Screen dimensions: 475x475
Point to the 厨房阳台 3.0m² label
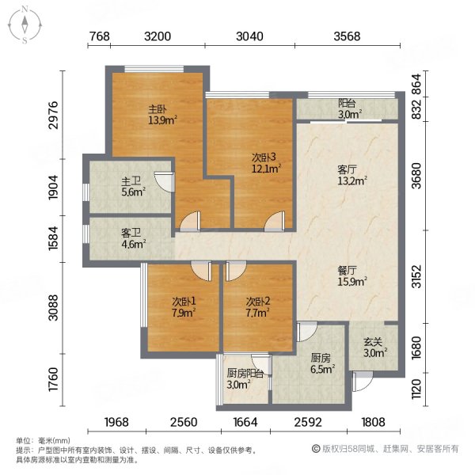click(x=245, y=378)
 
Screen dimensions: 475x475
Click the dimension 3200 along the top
click(x=158, y=36)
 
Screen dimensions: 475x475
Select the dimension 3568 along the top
click(x=346, y=36)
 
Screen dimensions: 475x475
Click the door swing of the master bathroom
click(x=164, y=181)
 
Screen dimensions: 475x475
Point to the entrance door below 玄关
click(x=361, y=383)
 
